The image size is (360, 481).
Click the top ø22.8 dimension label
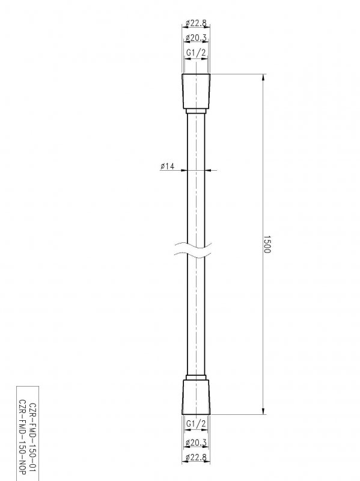point(196,23)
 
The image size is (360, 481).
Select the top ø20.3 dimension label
point(196,38)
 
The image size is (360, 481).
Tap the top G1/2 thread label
point(196,53)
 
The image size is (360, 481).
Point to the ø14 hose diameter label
point(167,166)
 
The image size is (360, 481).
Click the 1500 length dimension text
point(267,244)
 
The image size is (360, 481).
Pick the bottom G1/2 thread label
point(196,424)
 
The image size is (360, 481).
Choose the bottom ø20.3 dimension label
point(196,443)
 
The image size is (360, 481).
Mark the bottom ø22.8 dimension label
point(196,458)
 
